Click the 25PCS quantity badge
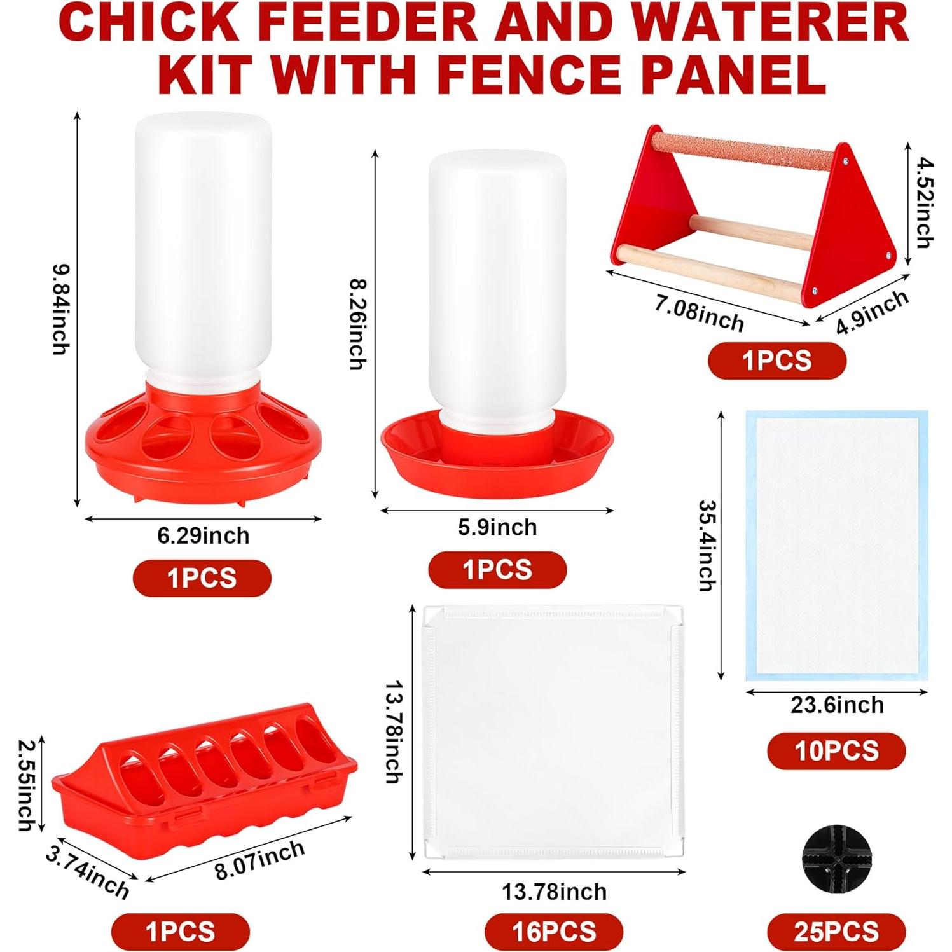(836, 932)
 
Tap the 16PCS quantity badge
(554, 932)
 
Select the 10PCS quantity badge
(836, 751)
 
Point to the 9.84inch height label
(61, 309)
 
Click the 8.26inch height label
(358, 324)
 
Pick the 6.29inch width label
(204, 535)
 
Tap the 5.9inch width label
(497, 527)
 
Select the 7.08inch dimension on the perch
(699, 313)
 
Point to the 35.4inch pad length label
(707, 545)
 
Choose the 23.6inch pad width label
(837, 705)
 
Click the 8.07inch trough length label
(259, 859)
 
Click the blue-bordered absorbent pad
(837, 546)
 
